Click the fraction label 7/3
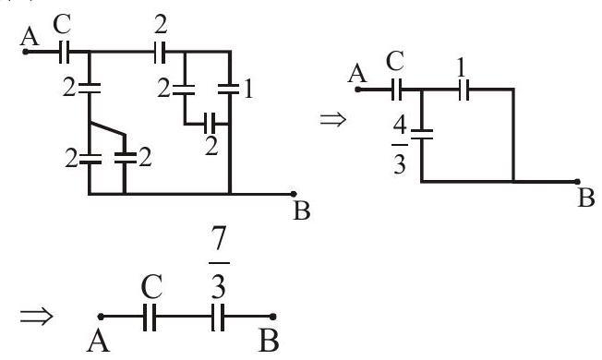(219, 263)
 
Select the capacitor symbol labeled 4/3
(422, 135)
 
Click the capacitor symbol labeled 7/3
(218, 317)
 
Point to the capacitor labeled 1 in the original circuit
(230, 89)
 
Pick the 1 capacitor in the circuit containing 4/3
(464, 90)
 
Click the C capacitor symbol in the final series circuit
(150, 317)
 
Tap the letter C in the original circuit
(62, 25)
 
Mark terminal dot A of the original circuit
(25, 52)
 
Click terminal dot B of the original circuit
(294, 194)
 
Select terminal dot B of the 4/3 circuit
(577, 182)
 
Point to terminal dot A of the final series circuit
(101, 317)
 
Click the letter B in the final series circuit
(269, 341)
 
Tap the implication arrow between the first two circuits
(333, 119)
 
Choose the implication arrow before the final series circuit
(37, 316)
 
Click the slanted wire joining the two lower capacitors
(107, 128)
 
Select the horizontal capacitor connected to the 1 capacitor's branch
(210, 124)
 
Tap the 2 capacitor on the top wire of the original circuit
(160, 52)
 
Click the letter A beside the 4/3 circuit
(357, 73)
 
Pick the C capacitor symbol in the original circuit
(65, 52)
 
